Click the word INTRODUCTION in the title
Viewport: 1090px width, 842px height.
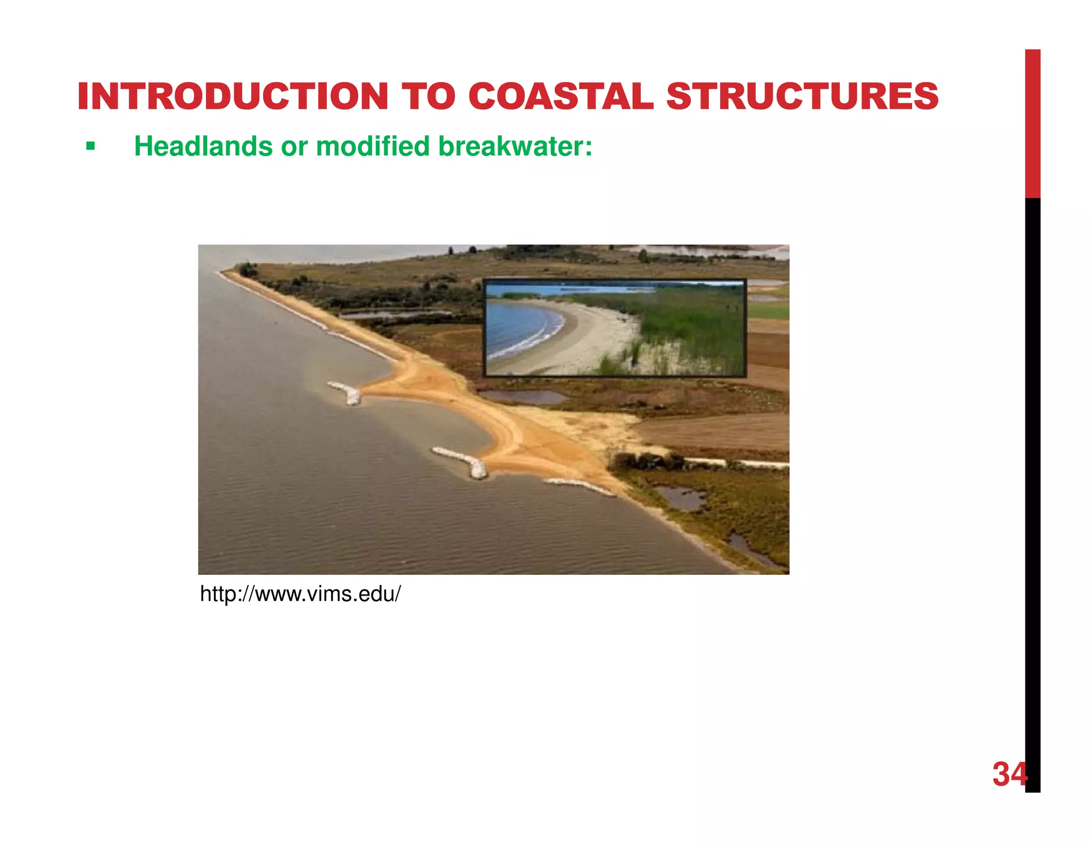pyautogui.click(x=233, y=97)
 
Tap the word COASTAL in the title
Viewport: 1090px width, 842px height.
pyautogui.click(x=560, y=97)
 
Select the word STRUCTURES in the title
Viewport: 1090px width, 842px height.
pyautogui.click(x=802, y=97)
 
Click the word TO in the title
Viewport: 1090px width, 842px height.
pyautogui.click(x=428, y=97)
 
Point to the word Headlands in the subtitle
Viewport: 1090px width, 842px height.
pyautogui.click(x=203, y=146)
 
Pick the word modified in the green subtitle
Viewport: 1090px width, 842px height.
pyautogui.click(x=373, y=146)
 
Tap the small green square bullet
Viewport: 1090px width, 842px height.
pyautogui.click(x=90, y=146)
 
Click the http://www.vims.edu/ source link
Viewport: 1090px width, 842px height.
pyautogui.click(x=300, y=594)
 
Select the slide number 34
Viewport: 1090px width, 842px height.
pyautogui.click(x=1009, y=774)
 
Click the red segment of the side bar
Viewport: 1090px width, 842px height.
pyautogui.click(x=1033, y=122)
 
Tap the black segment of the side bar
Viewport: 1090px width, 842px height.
pyautogui.click(x=1033, y=479)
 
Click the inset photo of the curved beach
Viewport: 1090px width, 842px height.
pyautogui.click(x=615, y=328)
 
